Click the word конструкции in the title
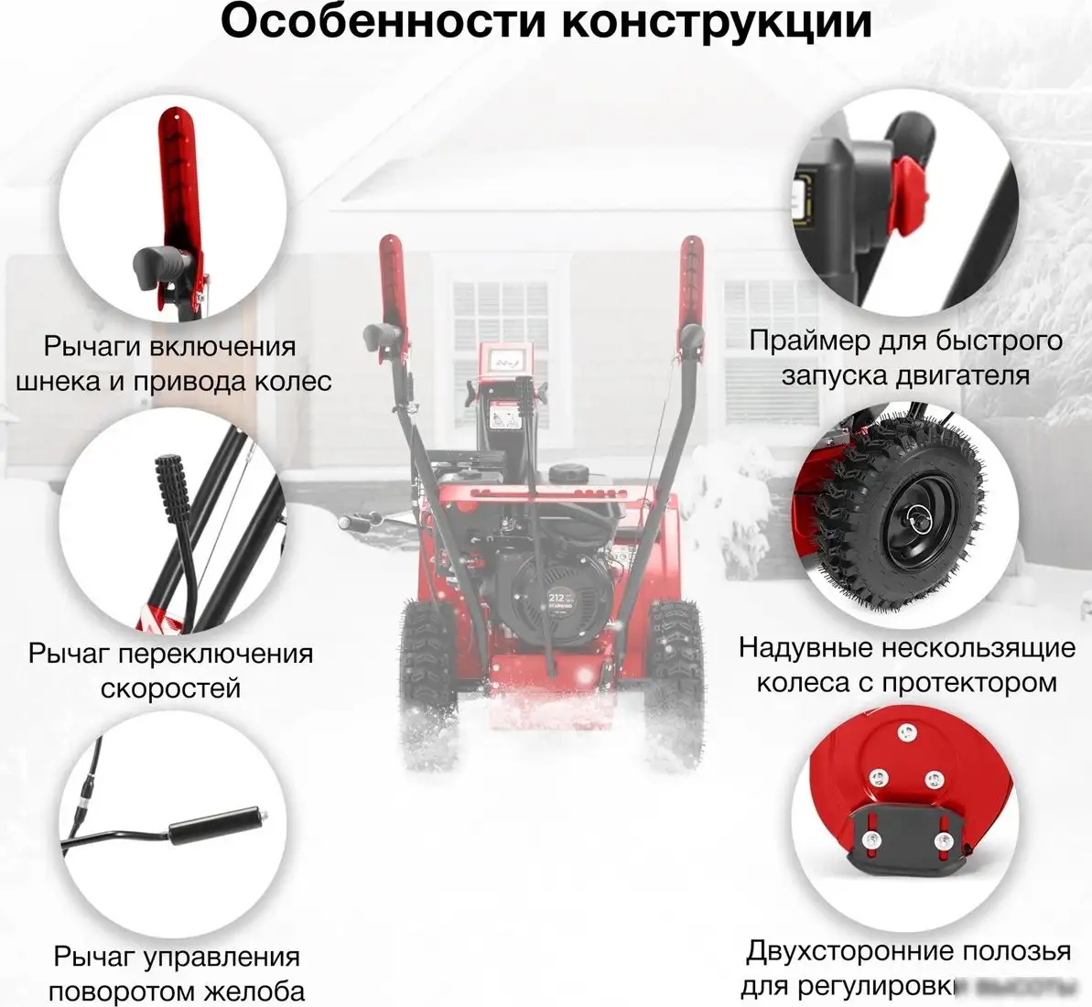[717, 24]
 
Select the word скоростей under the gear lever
[171, 688]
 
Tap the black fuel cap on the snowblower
[568, 473]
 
